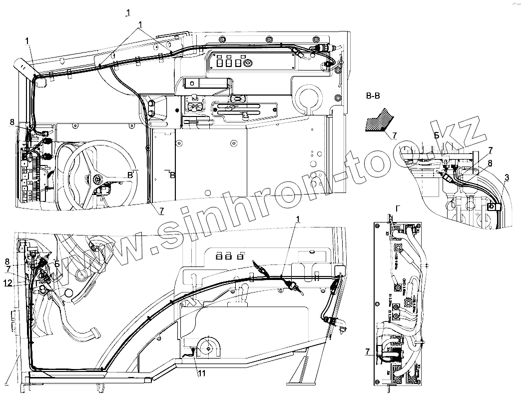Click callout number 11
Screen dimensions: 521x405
coord(200,372)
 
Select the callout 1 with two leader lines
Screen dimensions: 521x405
coord(141,24)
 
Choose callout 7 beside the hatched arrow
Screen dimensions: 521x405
coord(394,135)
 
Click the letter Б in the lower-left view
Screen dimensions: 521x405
coord(57,264)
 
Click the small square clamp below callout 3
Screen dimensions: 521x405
coord(492,206)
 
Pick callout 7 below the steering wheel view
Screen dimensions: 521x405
coord(162,211)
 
